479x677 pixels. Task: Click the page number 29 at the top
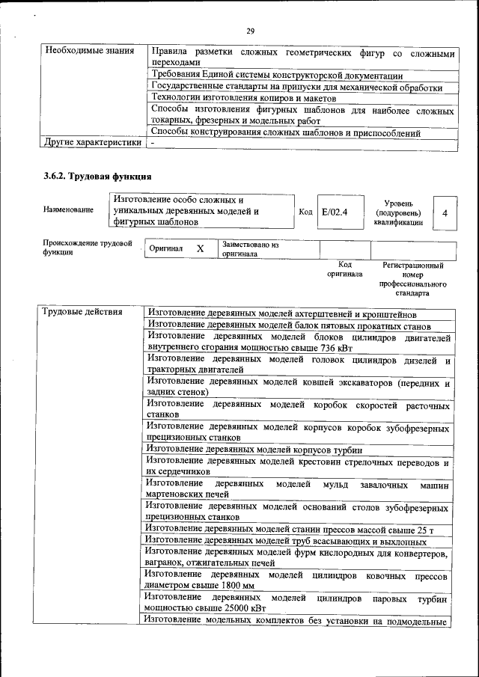[250, 31]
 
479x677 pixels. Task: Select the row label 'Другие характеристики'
[92, 141]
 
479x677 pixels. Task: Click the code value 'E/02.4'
[334, 212]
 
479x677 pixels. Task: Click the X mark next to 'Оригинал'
[200, 249]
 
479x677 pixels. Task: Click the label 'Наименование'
[68, 210]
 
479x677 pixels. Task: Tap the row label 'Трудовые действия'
[82, 312]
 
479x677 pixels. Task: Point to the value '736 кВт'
[334, 347]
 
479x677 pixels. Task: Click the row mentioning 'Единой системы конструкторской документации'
[277, 76]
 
